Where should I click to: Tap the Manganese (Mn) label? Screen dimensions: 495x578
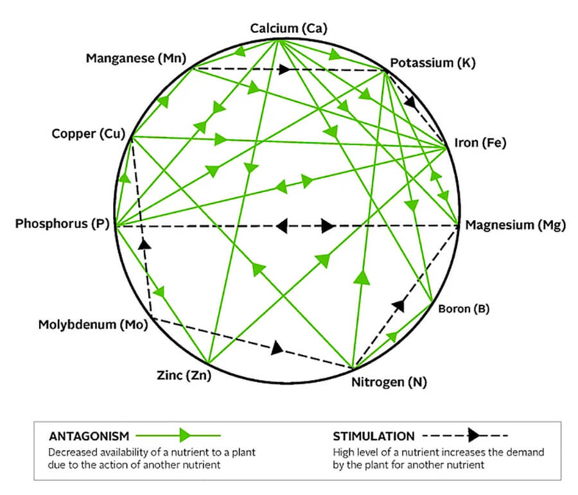[x=136, y=59]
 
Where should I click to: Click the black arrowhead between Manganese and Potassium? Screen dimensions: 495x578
[x=285, y=69]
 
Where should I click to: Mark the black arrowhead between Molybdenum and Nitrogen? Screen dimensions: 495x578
[x=277, y=348]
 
